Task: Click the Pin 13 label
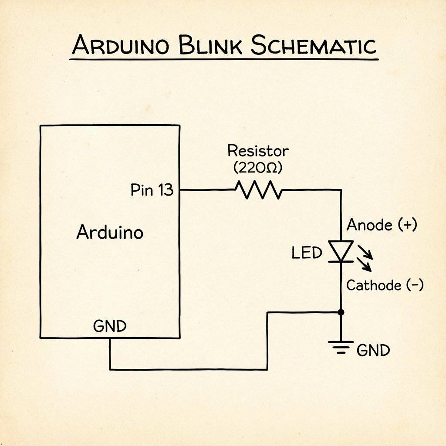[152, 190]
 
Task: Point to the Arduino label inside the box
[110, 232]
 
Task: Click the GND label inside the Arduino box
[110, 326]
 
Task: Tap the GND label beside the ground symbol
[373, 350]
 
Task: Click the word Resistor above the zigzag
[258, 151]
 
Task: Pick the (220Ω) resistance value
[258, 168]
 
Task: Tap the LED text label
[307, 253]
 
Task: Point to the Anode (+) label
[382, 225]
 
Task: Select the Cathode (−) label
[385, 285]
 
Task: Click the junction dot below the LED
[341, 312]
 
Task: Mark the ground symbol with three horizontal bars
[341, 347]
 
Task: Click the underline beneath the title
[224, 58]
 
